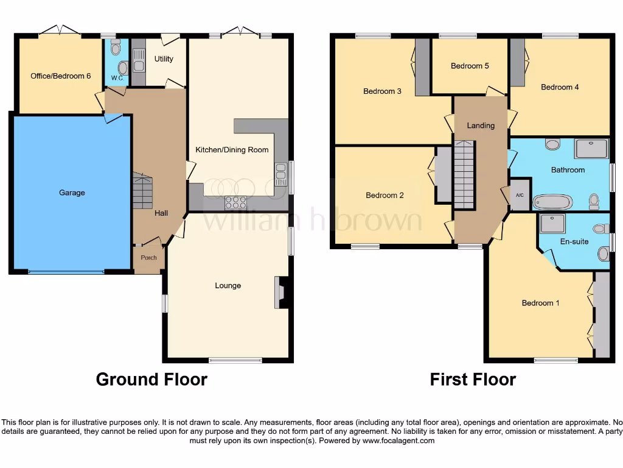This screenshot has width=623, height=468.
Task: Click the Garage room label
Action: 72,193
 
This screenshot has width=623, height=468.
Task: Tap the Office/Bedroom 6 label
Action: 61,76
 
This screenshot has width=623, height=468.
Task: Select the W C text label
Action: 116,78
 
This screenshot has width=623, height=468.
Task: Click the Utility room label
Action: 164,59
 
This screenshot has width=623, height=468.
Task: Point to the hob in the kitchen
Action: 235,202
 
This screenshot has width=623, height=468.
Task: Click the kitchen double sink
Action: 280,174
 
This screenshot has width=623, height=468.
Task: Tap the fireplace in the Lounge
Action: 280,292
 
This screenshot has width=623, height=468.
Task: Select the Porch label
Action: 148,258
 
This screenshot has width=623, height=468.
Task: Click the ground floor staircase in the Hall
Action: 142,191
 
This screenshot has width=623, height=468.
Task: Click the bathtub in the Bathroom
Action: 552,202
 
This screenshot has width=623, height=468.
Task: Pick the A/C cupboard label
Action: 520,196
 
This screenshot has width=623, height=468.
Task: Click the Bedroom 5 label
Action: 470,66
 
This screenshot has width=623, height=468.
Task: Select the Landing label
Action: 481,126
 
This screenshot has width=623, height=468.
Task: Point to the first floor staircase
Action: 464,174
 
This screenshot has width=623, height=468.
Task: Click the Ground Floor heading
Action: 151,380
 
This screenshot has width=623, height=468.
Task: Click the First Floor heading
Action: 473,380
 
